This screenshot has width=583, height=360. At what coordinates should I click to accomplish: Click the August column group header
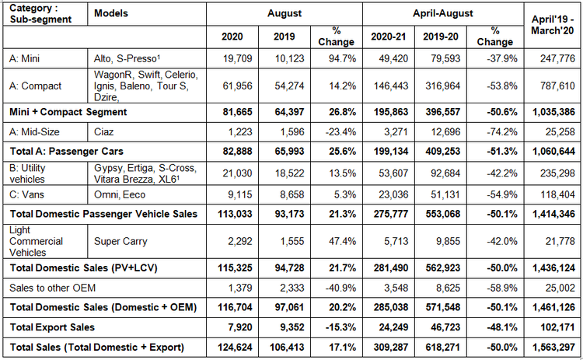pyautogui.click(x=285, y=13)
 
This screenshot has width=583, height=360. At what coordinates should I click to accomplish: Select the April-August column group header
pyautogui.click(x=443, y=13)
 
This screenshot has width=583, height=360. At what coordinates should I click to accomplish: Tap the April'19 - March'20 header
pyautogui.click(x=552, y=25)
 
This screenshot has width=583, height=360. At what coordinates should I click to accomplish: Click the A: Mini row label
pyautogui.click(x=25, y=58)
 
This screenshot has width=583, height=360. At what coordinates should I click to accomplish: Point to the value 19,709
pyautogui.click(x=237, y=58)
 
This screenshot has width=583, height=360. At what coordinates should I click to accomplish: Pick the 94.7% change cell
pyautogui.click(x=342, y=58)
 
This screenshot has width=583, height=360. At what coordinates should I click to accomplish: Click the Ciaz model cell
pyautogui.click(x=103, y=132)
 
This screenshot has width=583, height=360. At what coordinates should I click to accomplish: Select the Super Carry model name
pyautogui.click(x=120, y=241)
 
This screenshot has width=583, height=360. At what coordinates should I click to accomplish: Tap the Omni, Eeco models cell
pyautogui.click(x=120, y=194)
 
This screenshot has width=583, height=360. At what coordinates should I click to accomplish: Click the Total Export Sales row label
pyautogui.click(x=52, y=327)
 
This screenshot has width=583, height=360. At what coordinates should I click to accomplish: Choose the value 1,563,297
pyautogui.click(x=553, y=348)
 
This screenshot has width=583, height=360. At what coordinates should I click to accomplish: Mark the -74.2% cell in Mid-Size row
pyautogui.click(x=502, y=132)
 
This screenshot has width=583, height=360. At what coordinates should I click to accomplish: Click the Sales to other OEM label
pyautogui.click(x=52, y=288)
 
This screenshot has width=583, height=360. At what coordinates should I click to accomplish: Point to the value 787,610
pyautogui.click(x=557, y=86)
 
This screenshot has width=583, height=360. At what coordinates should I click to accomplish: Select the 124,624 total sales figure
pyautogui.click(x=235, y=348)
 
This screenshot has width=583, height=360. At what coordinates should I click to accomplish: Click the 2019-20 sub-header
pyautogui.click(x=441, y=37)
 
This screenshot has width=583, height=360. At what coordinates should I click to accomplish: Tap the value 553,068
pyautogui.click(x=443, y=214)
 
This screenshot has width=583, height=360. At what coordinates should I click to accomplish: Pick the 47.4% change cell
pyautogui.click(x=342, y=241)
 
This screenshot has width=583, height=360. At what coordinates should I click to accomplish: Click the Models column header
pyautogui.click(x=111, y=13)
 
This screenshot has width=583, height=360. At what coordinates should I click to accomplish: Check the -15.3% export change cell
pyautogui.click(x=340, y=327)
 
